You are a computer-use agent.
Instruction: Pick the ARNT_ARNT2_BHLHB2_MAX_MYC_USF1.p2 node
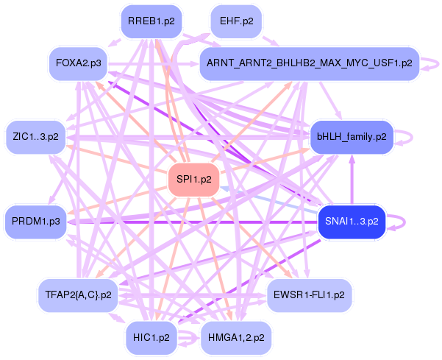tap(309, 64)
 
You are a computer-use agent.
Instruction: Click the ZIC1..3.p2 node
tap(35, 136)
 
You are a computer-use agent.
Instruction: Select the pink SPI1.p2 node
tap(195, 179)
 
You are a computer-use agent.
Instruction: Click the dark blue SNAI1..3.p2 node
tap(352, 221)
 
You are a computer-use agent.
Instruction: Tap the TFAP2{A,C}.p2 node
tap(77, 294)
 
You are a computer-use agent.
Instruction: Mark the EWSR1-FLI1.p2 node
tap(309, 294)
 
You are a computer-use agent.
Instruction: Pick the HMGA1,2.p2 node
tap(236, 337)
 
